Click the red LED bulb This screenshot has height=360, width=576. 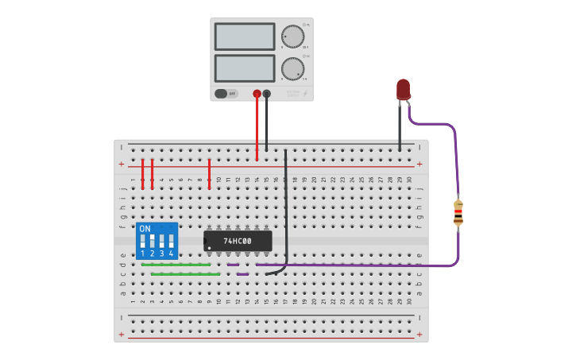point(404,88)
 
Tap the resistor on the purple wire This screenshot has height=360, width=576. point(458,213)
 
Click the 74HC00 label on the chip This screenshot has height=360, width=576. point(237,241)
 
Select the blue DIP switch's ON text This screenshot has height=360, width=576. point(145,229)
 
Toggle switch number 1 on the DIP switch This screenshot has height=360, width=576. point(143,241)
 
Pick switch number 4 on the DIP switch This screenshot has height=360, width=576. point(171,241)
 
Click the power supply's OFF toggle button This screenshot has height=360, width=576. point(226,93)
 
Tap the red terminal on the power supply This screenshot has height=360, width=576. point(257,94)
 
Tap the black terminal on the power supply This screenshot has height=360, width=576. point(267,94)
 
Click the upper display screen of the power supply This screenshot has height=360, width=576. point(245,37)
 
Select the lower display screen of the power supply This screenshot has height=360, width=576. point(245,68)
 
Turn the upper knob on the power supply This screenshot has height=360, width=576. point(292,37)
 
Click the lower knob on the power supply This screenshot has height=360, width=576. point(292,68)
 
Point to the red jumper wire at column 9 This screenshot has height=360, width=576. point(209,173)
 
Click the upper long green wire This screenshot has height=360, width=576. point(176,265)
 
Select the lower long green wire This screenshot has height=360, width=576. point(186,274)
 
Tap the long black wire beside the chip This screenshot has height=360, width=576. point(285,207)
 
